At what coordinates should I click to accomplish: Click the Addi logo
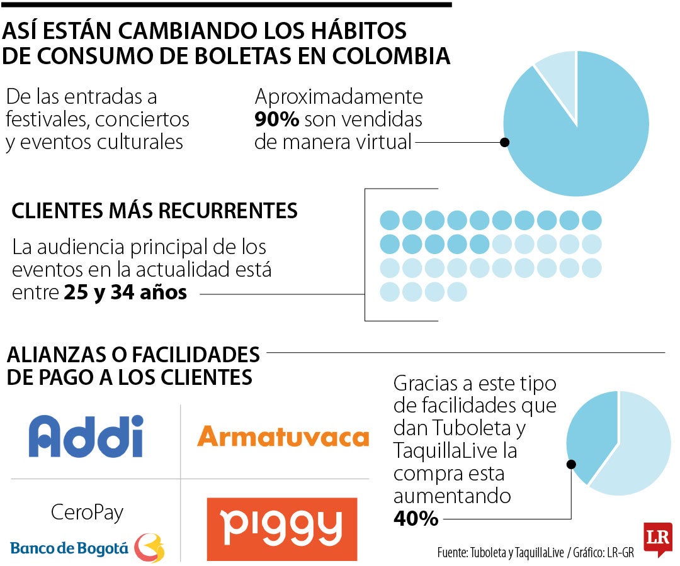[x=86, y=436]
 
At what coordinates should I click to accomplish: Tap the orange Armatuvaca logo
[x=283, y=436]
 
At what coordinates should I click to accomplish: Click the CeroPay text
[x=87, y=512]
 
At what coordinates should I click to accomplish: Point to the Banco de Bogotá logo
[x=87, y=548]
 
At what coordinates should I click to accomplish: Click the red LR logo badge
[x=657, y=538]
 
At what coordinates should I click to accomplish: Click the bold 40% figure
[x=416, y=518]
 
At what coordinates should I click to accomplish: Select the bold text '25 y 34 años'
[x=125, y=292]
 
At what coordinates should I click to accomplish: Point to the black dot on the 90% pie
[x=504, y=142]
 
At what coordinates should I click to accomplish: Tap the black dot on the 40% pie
[x=571, y=465]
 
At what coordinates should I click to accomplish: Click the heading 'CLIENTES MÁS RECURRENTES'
[x=154, y=211]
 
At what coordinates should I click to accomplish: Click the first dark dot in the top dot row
[x=390, y=220]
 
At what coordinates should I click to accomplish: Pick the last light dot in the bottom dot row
[x=457, y=291]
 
